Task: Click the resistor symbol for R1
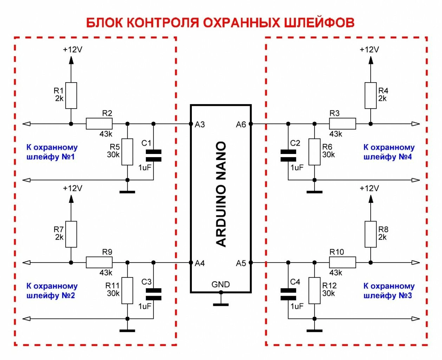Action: click(71, 96)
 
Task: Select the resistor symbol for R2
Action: click(99, 124)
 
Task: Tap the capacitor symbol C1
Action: click(154, 155)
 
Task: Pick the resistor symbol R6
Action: click(314, 152)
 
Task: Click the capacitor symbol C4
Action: click(288, 294)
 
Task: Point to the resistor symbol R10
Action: click(342, 263)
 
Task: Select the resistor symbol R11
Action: click(127, 291)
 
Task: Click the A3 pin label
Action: click(200, 124)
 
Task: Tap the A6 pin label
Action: click(241, 124)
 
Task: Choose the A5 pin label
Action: click(241, 263)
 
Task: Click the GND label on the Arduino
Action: click(221, 284)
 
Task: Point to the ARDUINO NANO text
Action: click(221, 194)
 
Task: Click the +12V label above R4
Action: click(369, 50)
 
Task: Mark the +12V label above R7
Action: click(72, 188)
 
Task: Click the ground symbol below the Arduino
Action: click(221, 304)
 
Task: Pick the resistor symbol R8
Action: click(370, 234)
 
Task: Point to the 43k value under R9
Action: click(106, 273)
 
